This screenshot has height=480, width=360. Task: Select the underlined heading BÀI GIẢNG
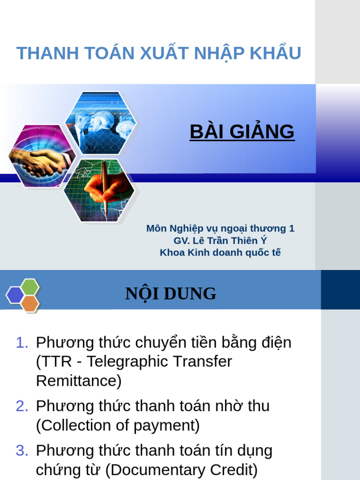pyautogui.click(x=242, y=132)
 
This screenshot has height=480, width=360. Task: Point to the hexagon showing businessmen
pyautogui.click(x=101, y=123)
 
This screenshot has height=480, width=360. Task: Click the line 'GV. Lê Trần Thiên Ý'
pyautogui.click(x=220, y=240)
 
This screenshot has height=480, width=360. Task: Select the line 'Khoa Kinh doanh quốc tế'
pyautogui.click(x=220, y=253)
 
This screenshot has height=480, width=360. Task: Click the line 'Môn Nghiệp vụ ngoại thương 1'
pyautogui.click(x=220, y=228)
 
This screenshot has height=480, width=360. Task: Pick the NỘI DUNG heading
pyautogui.click(x=171, y=294)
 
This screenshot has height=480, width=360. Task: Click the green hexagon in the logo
pyautogui.click(x=30, y=286)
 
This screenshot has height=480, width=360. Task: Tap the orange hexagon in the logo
pyautogui.click(x=30, y=303)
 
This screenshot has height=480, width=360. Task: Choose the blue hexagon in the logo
pyautogui.click(x=15, y=295)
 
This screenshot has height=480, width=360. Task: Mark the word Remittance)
pyautogui.click(x=79, y=381)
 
